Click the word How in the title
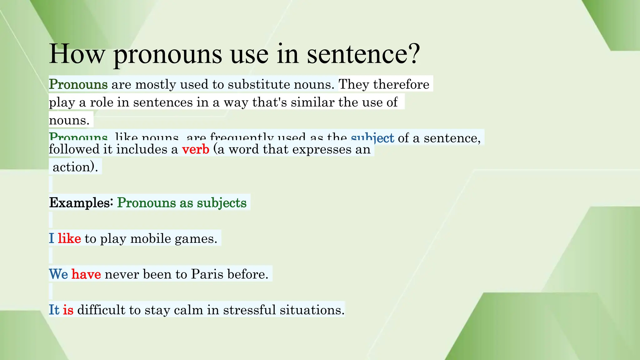(x=77, y=54)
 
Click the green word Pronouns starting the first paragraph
(x=78, y=84)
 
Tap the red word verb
(x=196, y=149)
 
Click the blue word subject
(x=372, y=138)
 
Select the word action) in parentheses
(x=75, y=167)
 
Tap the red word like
(x=69, y=239)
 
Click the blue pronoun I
(x=52, y=239)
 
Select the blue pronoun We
(x=58, y=274)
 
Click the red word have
(x=86, y=274)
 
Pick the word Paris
(x=207, y=274)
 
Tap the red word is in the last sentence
(x=68, y=310)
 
